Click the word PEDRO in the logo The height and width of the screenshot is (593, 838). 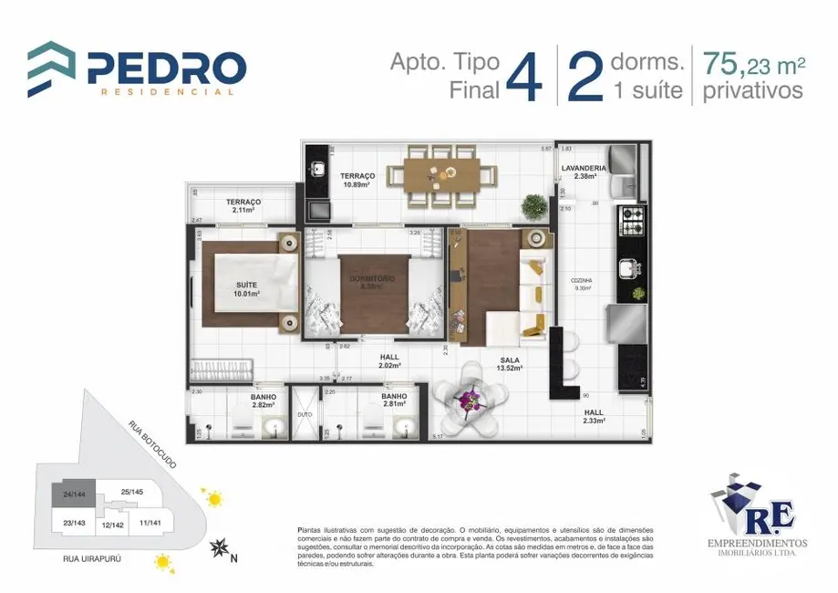166,68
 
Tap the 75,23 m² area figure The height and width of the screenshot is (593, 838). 753,65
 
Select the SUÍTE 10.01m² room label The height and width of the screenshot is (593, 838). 246,290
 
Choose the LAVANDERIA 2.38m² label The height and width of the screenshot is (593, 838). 584,172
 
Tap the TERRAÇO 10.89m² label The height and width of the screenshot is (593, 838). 358,180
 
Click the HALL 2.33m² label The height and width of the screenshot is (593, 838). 594,416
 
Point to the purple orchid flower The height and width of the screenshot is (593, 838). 471,398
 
